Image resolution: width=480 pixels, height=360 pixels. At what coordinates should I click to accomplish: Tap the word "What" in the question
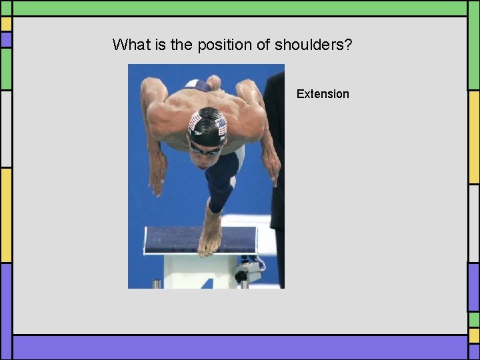(x=127, y=45)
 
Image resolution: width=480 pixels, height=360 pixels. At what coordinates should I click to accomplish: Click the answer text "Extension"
(x=323, y=94)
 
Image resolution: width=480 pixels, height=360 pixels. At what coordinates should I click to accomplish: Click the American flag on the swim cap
(x=195, y=121)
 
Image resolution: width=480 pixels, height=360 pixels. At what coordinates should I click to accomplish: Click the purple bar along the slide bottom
(x=240, y=347)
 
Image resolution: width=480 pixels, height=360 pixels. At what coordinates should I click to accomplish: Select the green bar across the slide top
(x=240, y=7)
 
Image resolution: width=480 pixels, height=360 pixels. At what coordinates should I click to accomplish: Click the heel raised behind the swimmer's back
(x=213, y=83)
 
